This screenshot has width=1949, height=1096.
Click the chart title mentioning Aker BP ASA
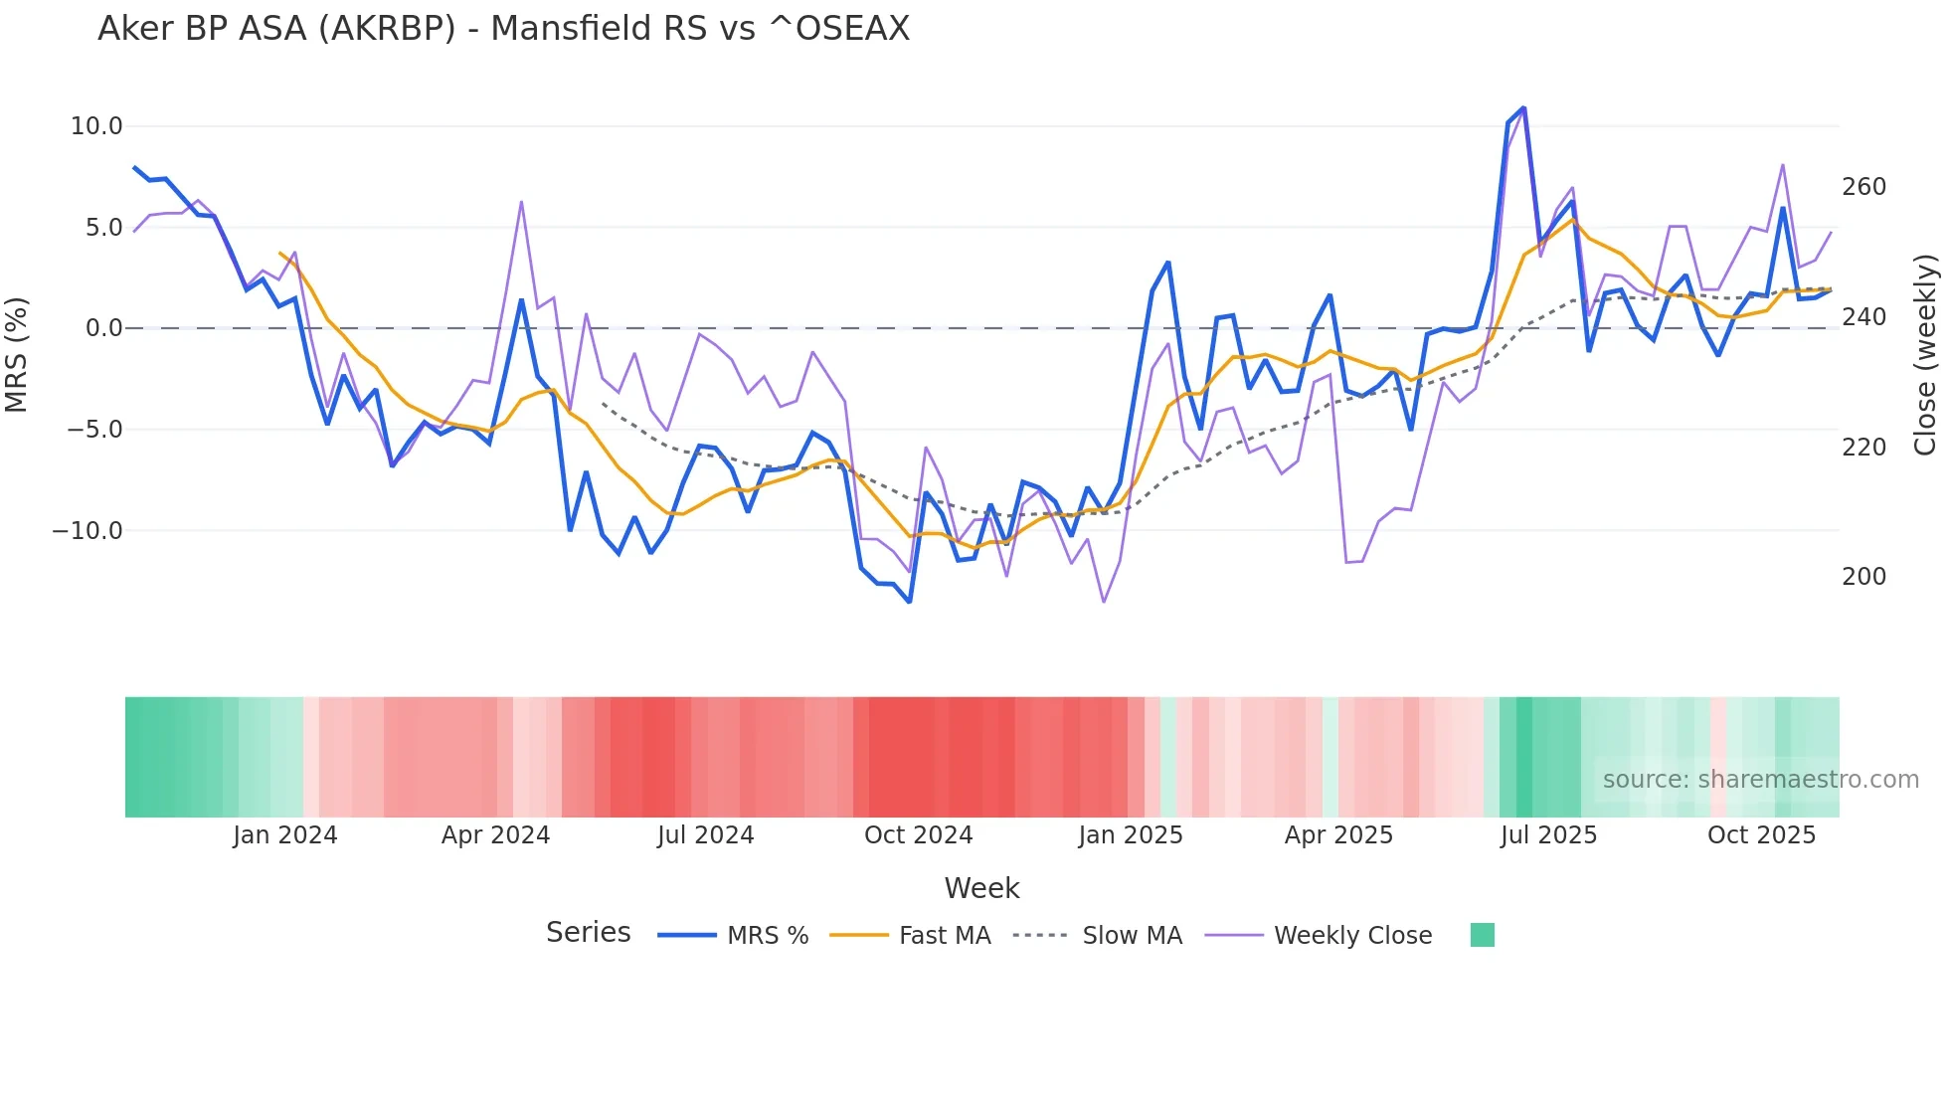(x=503, y=29)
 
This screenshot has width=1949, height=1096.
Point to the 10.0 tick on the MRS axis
(x=96, y=126)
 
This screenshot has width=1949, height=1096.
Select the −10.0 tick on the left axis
(x=88, y=530)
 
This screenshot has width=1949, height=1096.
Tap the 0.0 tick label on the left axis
(x=103, y=328)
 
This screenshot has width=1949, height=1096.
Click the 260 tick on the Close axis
(x=1863, y=187)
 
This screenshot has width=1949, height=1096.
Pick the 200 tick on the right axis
(x=1863, y=577)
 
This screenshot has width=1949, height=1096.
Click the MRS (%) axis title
(x=17, y=354)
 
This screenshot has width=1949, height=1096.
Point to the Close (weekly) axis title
(x=1925, y=354)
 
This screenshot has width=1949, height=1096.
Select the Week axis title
(x=981, y=888)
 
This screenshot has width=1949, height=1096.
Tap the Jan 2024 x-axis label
(x=285, y=835)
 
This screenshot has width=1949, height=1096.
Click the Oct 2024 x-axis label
(x=918, y=835)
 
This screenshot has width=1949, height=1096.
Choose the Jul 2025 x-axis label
(x=1548, y=835)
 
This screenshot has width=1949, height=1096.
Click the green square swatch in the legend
(x=1482, y=935)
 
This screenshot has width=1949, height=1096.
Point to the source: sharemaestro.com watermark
(x=1760, y=780)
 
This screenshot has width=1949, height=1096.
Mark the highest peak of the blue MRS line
(x=1523, y=108)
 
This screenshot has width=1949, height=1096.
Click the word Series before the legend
(x=588, y=933)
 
